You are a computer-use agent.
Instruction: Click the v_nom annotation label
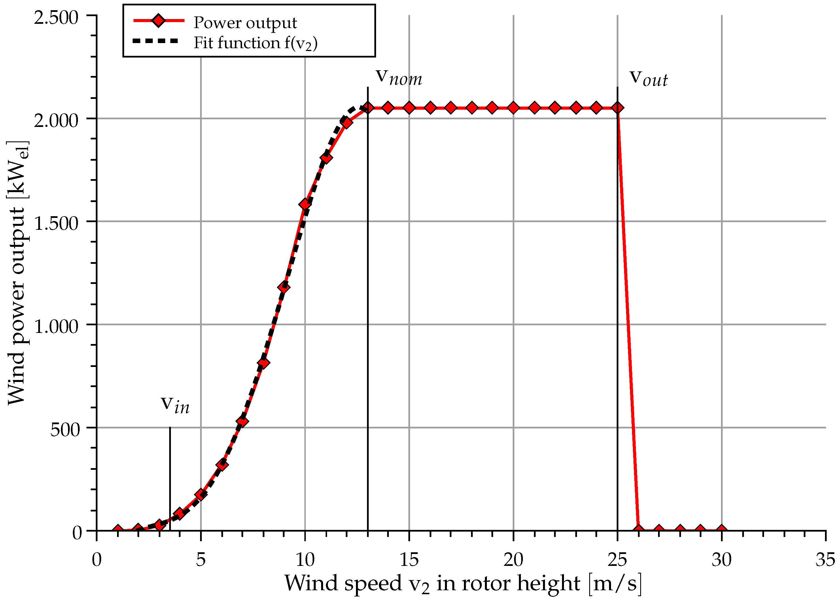point(399,77)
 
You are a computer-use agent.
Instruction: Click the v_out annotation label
point(648,78)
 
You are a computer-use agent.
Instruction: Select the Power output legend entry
point(245,23)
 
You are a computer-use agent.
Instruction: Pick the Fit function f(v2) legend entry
point(255,43)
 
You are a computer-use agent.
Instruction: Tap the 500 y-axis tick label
point(65,430)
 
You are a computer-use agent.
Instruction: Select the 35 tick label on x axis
point(825,560)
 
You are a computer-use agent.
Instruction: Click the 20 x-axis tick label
point(513,560)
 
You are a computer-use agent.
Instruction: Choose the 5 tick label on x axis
point(200,560)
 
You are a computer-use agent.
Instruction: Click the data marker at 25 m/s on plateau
point(617,108)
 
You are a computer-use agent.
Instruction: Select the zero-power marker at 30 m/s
point(721,530)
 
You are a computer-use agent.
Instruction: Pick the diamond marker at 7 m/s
point(242,422)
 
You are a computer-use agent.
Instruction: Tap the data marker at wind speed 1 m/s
point(118,530)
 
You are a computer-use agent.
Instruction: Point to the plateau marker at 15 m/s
point(409,108)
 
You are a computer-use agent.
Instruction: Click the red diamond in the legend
point(158,20)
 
